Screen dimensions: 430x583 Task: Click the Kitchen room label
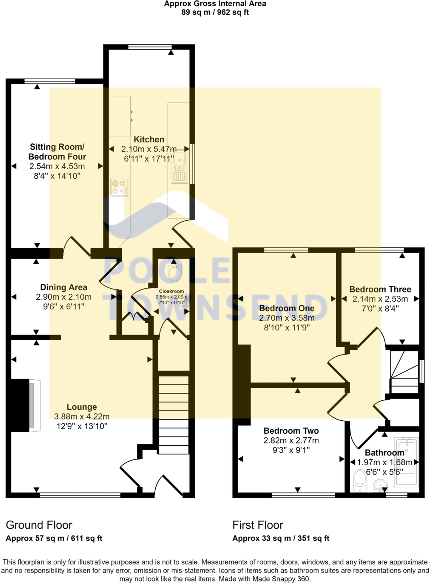pyautogui.click(x=149, y=139)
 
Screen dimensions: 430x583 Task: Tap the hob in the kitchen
pyautogui.click(x=120, y=187)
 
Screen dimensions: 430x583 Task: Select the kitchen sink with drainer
pyautogui.click(x=180, y=167)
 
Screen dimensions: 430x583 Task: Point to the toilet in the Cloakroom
pyautogui.click(x=175, y=271)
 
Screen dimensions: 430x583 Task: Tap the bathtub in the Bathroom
pyautogui.click(x=406, y=462)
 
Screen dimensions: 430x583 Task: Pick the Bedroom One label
pyautogui.click(x=287, y=308)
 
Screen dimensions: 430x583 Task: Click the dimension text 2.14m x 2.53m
pyautogui.click(x=380, y=299)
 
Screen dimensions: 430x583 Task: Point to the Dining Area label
pyautogui.click(x=64, y=287)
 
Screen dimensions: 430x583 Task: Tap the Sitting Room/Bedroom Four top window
pyautogui.click(x=50, y=81)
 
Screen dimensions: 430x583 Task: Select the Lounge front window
pyautogui.click(x=80, y=495)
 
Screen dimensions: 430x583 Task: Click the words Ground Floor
pyautogui.click(x=39, y=525)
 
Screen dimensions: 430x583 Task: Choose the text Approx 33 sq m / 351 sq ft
pyautogui.click(x=281, y=538)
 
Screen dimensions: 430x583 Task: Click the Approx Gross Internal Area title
pyautogui.click(x=215, y=4)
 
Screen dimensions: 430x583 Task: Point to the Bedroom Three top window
pyautogui.click(x=379, y=250)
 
